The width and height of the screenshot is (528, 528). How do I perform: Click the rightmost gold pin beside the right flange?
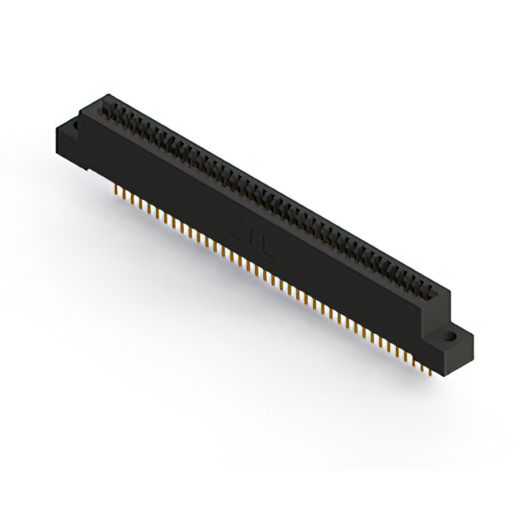tap(431, 371)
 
